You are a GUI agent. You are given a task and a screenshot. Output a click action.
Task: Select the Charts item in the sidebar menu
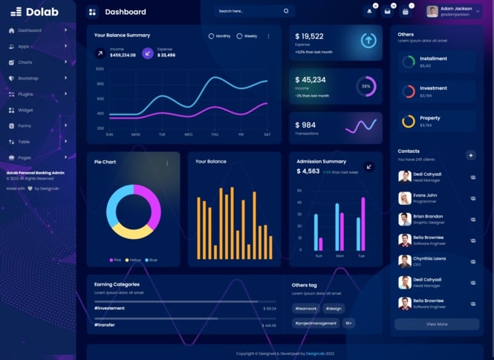pos(25,62)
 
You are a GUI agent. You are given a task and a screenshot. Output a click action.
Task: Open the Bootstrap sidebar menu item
pos(28,78)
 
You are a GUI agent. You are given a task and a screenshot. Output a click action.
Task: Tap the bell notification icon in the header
pos(369,11)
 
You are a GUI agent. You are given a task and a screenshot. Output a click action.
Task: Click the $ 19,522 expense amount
pos(309,36)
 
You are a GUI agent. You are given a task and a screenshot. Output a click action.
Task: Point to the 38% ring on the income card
pos(365,86)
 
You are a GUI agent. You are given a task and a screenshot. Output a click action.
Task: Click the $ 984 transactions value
pos(305,125)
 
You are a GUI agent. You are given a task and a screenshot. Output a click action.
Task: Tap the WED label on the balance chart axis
pos(188,134)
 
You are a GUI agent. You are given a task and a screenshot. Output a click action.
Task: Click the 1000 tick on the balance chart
pos(100,68)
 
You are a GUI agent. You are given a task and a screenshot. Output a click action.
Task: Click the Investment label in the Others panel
pos(433,88)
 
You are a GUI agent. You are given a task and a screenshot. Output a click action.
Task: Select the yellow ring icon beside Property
pos(408,121)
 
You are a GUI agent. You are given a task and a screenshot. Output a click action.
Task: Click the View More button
pos(437,324)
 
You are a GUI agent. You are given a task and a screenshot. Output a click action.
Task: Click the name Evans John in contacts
pos(425,195)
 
